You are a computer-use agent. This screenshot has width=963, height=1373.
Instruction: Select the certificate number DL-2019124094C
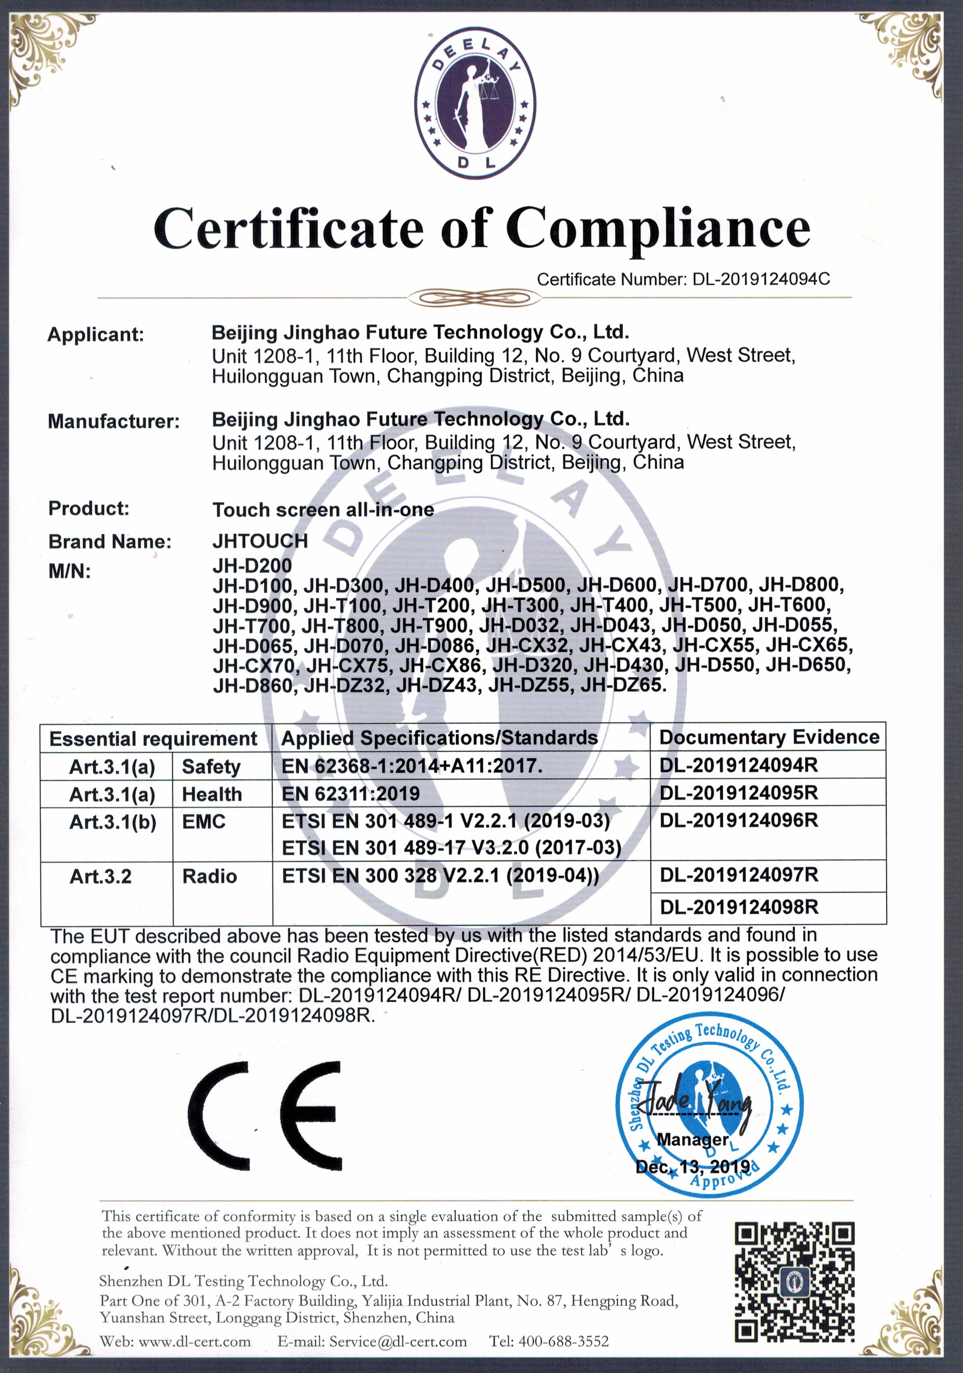tap(761, 279)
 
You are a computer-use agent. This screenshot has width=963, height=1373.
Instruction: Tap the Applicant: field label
tap(96, 334)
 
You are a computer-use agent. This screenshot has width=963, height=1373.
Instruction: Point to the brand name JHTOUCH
tap(260, 541)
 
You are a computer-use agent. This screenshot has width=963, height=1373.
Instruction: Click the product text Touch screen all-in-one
tap(323, 509)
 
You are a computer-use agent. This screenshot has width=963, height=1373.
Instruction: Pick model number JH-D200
tap(252, 565)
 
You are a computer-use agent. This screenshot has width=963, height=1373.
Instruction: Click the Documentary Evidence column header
tap(769, 737)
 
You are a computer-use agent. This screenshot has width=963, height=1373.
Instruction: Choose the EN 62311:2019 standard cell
tap(351, 794)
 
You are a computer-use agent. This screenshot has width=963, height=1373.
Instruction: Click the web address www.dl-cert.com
tap(194, 1341)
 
